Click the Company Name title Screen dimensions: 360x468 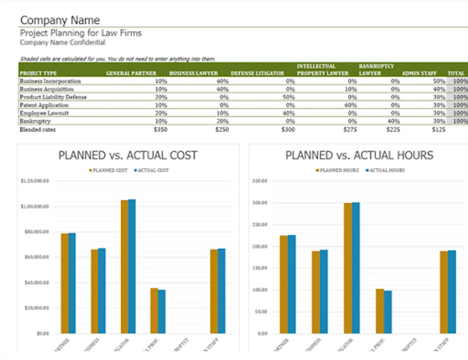click(60, 20)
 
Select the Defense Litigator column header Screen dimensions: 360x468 click(257, 73)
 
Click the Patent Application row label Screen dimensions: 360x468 click(44, 105)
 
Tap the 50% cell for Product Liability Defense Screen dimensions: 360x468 click(288, 97)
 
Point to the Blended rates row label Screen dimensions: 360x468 click(38, 130)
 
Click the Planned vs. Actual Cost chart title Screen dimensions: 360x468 click(128, 156)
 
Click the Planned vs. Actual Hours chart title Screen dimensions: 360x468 click(359, 156)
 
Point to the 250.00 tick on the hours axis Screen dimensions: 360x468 click(260, 225)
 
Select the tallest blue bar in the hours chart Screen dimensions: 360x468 click(355, 268)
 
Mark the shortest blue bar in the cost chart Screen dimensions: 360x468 click(162, 312)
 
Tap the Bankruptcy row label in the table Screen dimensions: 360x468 click(35, 121)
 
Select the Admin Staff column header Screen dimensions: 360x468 click(419, 73)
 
